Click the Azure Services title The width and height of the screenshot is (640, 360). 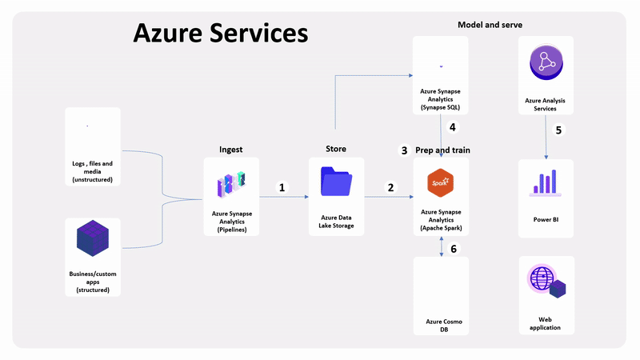click(x=220, y=34)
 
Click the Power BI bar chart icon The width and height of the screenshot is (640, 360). click(x=546, y=183)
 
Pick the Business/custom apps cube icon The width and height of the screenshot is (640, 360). click(x=92, y=241)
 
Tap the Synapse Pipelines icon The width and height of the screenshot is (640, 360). click(x=231, y=183)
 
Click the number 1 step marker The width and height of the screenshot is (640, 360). click(x=282, y=187)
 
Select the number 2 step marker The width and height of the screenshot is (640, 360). click(x=390, y=187)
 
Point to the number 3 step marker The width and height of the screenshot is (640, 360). click(x=404, y=150)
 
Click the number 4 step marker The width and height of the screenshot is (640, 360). click(x=452, y=126)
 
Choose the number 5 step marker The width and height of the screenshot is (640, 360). click(x=558, y=130)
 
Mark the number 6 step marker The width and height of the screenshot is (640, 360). click(x=454, y=249)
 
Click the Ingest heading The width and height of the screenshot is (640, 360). click(x=231, y=149)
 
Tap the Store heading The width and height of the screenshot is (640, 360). click(x=336, y=149)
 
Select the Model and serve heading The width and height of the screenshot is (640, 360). click(x=490, y=25)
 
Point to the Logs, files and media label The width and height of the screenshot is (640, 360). click(x=92, y=168)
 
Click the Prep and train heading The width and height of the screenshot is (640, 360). click(x=442, y=150)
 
